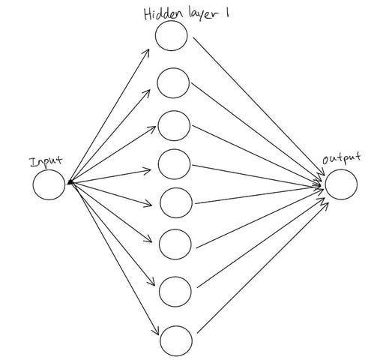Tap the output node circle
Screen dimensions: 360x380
coord(340,184)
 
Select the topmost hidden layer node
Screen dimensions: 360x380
coord(172,36)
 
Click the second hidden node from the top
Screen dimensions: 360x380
coord(172,82)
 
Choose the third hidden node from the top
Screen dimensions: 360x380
coord(174,124)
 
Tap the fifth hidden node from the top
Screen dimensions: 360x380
coord(175,202)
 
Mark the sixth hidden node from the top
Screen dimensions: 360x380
coord(175,242)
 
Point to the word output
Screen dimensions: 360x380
coord(341,159)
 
